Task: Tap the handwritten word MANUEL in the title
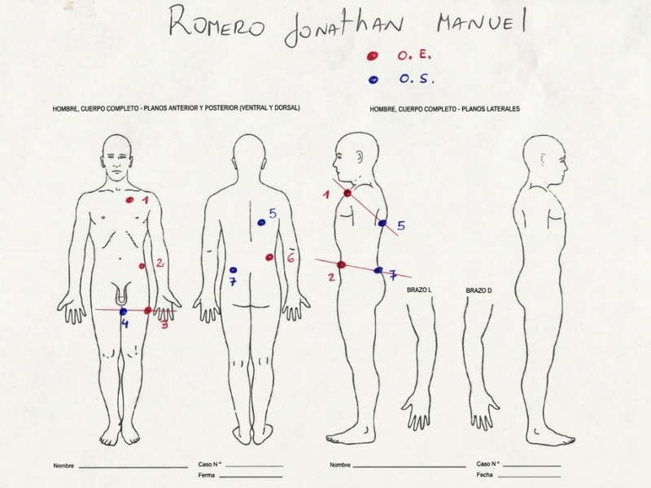point(482,22)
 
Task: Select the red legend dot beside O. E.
point(373,55)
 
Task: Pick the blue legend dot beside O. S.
point(374,80)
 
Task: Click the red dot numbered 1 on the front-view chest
point(130,200)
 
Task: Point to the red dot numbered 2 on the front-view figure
point(142,266)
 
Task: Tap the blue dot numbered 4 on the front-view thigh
point(124,312)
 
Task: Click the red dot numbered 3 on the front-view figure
point(147,311)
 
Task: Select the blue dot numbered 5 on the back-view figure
point(261,222)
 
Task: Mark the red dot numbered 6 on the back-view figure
point(269,257)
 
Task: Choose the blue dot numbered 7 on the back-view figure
point(234,270)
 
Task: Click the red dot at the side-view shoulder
point(347,193)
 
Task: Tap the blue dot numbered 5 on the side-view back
point(382,223)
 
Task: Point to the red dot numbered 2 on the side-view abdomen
point(341,265)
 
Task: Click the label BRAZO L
point(419,290)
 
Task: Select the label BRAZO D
point(478,290)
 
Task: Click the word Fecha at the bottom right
point(484,475)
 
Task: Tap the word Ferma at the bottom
point(207,475)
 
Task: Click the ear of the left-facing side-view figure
point(360,156)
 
